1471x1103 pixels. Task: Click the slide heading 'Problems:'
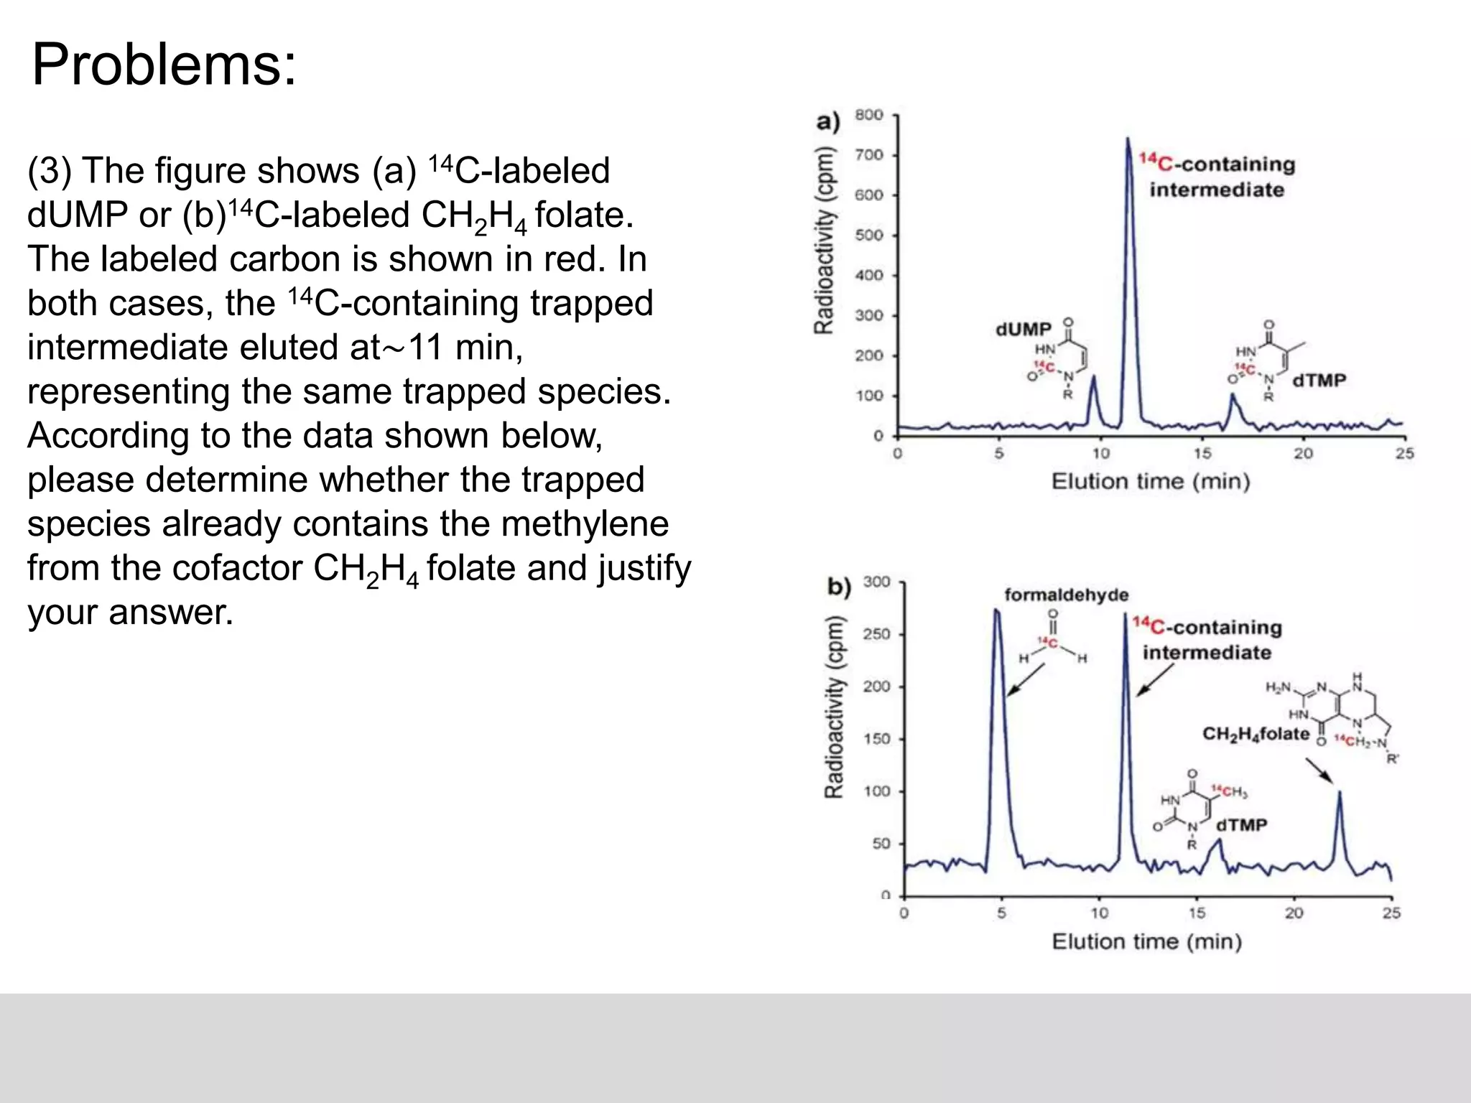pyautogui.click(x=164, y=65)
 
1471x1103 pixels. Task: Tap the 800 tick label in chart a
pyautogui.click(x=868, y=115)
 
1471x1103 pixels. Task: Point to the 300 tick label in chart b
pyautogui.click(x=876, y=582)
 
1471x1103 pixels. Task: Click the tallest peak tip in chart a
pyautogui.click(x=1128, y=139)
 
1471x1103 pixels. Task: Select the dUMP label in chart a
pyautogui.click(x=1023, y=330)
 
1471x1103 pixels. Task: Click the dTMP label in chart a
pyautogui.click(x=1319, y=381)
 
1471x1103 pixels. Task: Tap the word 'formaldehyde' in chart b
pyautogui.click(x=1066, y=595)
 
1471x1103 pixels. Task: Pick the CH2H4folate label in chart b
pyautogui.click(x=1256, y=734)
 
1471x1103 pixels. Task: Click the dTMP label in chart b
pyautogui.click(x=1241, y=825)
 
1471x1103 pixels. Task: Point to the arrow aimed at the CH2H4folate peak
pyautogui.click(x=1319, y=771)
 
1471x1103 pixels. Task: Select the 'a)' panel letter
pyautogui.click(x=828, y=121)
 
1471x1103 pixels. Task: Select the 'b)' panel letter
pyautogui.click(x=839, y=587)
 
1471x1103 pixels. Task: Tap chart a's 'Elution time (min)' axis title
pyautogui.click(x=1151, y=481)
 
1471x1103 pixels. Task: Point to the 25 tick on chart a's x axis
pyautogui.click(x=1405, y=454)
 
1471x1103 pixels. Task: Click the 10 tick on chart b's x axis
pyautogui.click(x=1100, y=913)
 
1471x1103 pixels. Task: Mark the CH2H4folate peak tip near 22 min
pyautogui.click(x=1340, y=791)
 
